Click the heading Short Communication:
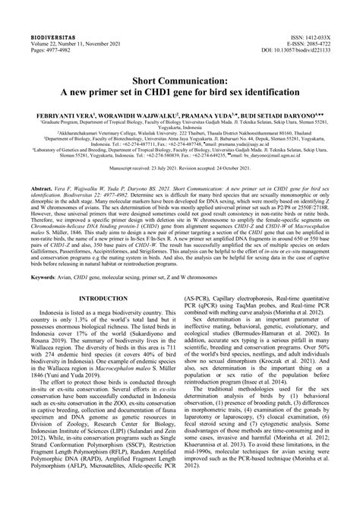[179, 78]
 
